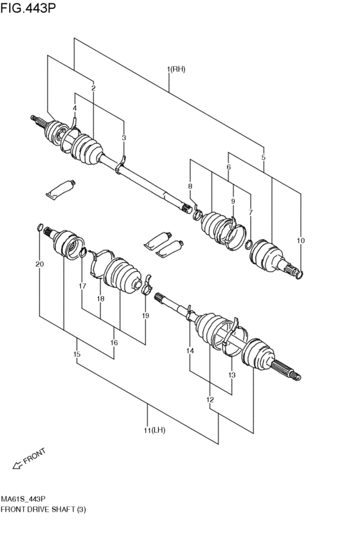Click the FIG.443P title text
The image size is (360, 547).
pyautogui.click(x=28, y=7)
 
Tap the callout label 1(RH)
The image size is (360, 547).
pyautogui.click(x=175, y=69)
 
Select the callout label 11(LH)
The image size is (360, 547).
pyautogui.click(x=154, y=430)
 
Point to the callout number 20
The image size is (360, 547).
pyautogui.click(x=39, y=264)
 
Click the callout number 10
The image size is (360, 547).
pyautogui.click(x=300, y=240)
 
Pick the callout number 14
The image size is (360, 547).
pyautogui.click(x=190, y=350)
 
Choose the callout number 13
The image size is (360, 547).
pyautogui.click(x=231, y=375)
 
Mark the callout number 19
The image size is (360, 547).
pyautogui.click(x=145, y=316)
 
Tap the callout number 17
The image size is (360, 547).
pyautogui.click(x=82, y=286)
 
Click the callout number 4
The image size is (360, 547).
pyautogui.click(x=75, y=108)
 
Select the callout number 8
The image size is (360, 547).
pyautogui.click(x=190, y=186)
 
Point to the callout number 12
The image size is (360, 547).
pyautogui.click(x=210, y=399)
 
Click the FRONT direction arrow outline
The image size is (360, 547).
pyautogui.click(x=17, y=465)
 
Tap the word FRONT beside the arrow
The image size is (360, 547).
pyautogui.click(x=35, y=456)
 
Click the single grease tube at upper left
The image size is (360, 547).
pyautogui.click(x=60, y=190)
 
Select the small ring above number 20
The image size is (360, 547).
pyautogui.click(x=40, y=228)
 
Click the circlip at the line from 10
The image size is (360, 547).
pyautogui.click(x=300, y=275)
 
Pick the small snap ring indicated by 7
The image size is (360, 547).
pyautogui.click(x=249, y=245)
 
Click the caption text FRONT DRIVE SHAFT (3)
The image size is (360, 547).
pyautogui.click(x=43, y=509)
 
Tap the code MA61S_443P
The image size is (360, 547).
pyautogui.click(x=23, y=498)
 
